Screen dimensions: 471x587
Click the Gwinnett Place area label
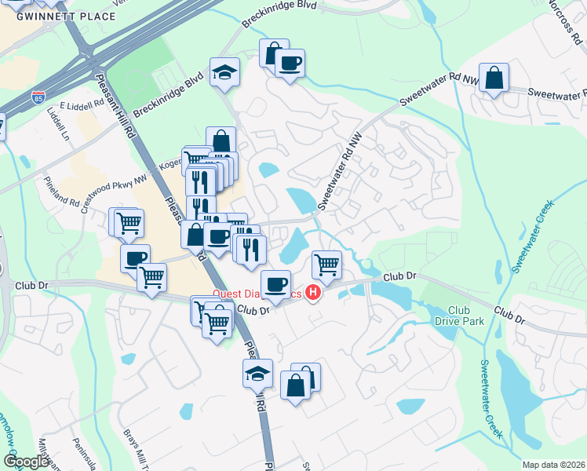click(55, 16)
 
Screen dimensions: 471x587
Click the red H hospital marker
click(313, 294)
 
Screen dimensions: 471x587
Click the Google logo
click(25, 462)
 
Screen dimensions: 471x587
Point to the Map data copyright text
click(554, 465)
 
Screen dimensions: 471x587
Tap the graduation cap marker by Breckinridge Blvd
click(225, 71)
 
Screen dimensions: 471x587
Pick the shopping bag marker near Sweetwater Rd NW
click(494, 78)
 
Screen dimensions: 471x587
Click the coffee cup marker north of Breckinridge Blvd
click(290, 63)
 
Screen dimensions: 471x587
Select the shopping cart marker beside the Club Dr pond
click(326, 264)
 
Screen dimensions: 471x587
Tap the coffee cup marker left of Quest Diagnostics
click(275, 284)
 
